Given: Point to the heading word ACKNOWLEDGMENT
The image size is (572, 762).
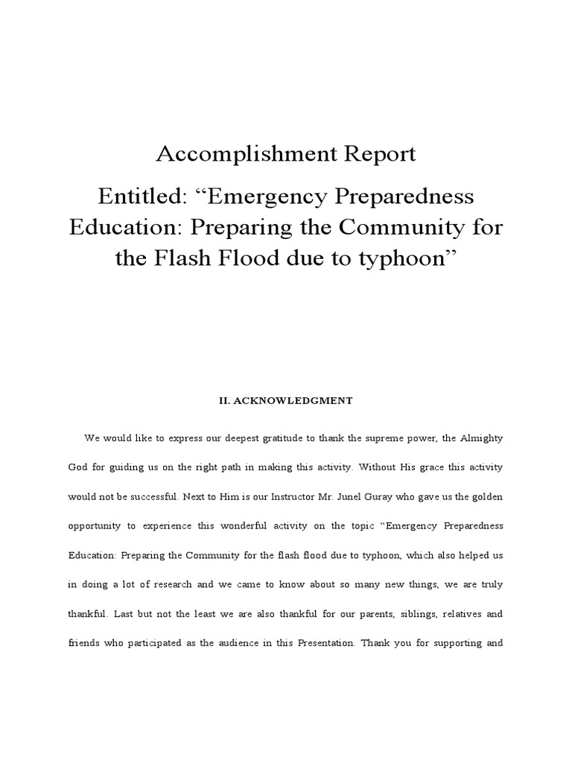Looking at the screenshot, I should (x=295, y=400).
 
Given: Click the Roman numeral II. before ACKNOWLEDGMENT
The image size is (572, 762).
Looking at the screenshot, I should (x=224, y=400).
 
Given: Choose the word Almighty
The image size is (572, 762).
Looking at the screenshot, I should (x=483, y=439).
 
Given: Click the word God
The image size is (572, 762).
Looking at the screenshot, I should (x=78, y=468).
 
